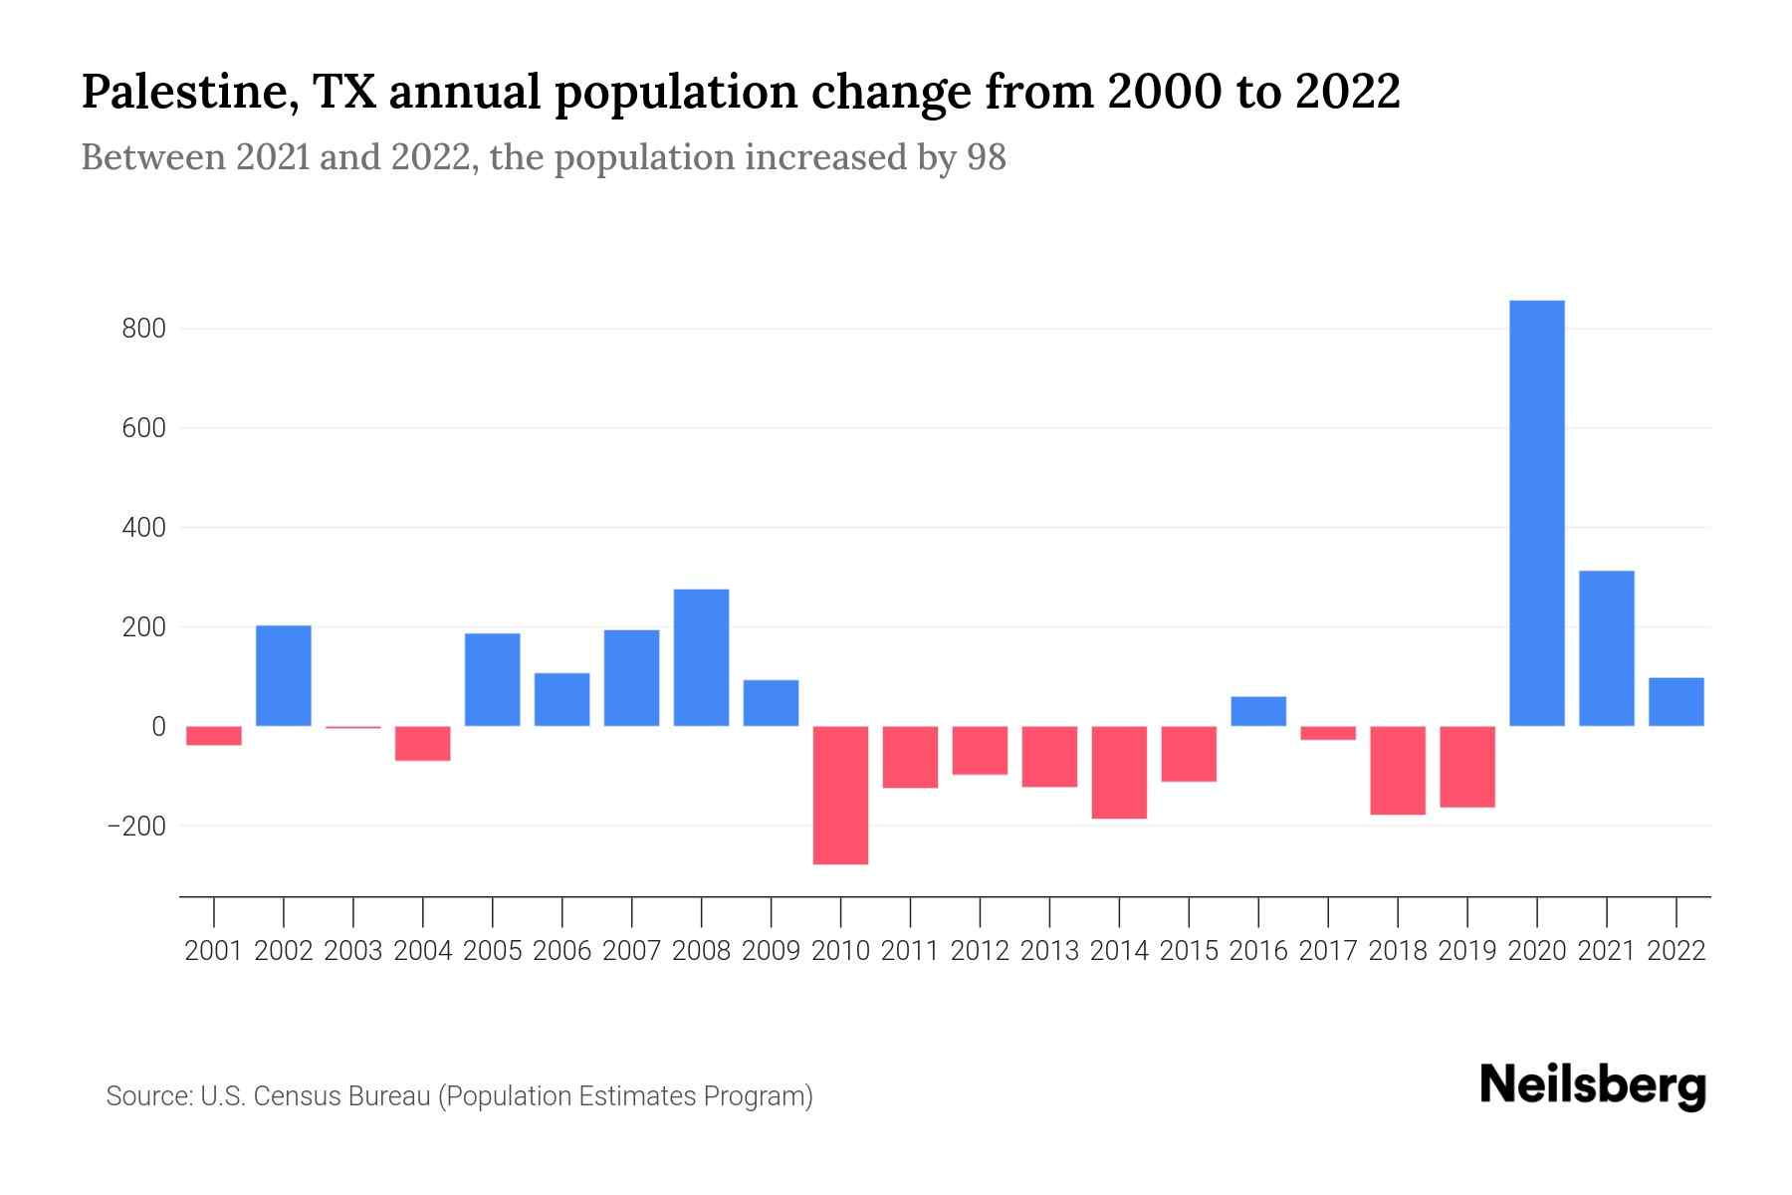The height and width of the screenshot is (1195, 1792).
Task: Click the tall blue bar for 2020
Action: tap(1536, 513)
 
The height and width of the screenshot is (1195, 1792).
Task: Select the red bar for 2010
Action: tap(840, 795)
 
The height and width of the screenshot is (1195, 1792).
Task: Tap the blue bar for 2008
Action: tap(701, 657)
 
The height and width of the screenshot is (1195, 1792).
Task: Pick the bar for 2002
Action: tap(284, 675)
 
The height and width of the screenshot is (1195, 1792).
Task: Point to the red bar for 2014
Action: tap(1119, 772)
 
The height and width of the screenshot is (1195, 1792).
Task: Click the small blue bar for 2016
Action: tap(1258, 711)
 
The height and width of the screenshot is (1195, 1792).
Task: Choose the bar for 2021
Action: tap(1606, 648)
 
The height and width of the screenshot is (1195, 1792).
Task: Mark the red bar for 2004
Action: tap(423, 743)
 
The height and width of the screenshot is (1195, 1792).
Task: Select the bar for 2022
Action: tap(1676, 702)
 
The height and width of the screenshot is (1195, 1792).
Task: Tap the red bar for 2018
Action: tap(1398, 770)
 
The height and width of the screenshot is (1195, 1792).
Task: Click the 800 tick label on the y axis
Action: tap(143, 329)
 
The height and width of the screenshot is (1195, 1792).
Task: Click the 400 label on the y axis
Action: tap(143, 528)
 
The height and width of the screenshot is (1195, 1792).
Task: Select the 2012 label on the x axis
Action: tap(980, 951)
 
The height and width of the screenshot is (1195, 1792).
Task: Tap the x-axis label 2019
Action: tap(1466, 951)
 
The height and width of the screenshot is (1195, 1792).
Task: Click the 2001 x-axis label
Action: tap(214, 951)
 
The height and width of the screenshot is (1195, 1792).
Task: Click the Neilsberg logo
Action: tap(1593, 1085)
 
